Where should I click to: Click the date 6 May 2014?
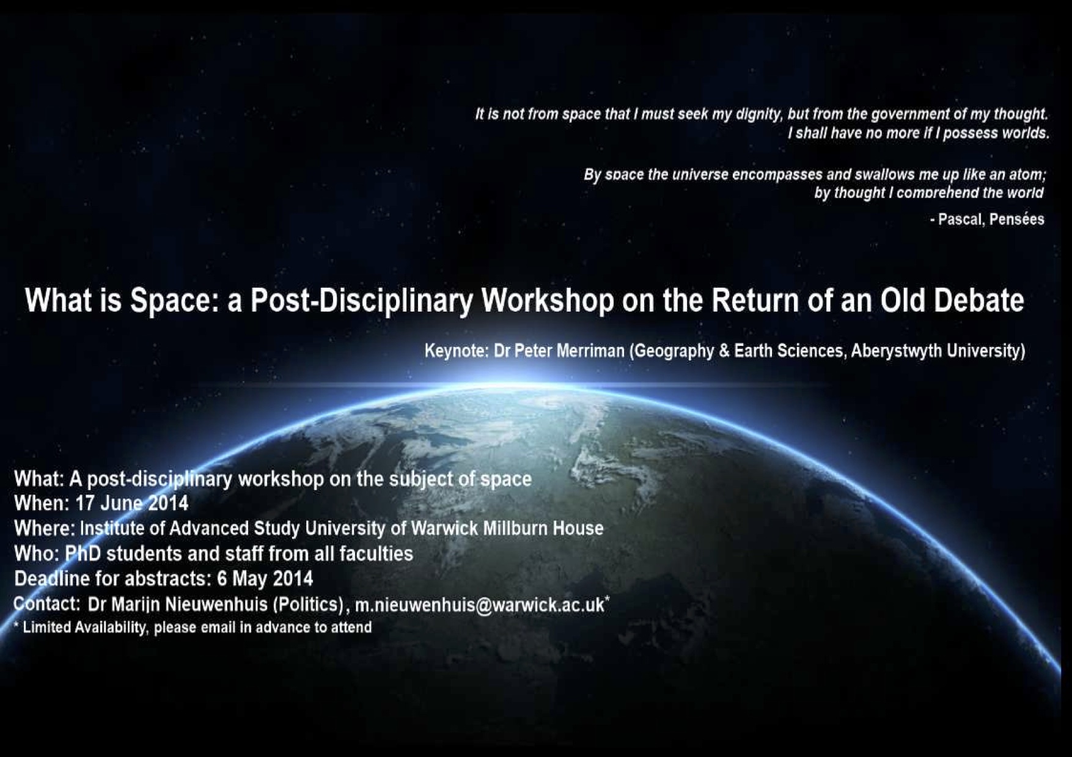265,578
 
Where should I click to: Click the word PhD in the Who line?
83,554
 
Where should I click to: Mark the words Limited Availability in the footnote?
85,628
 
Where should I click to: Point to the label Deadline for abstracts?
113,578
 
